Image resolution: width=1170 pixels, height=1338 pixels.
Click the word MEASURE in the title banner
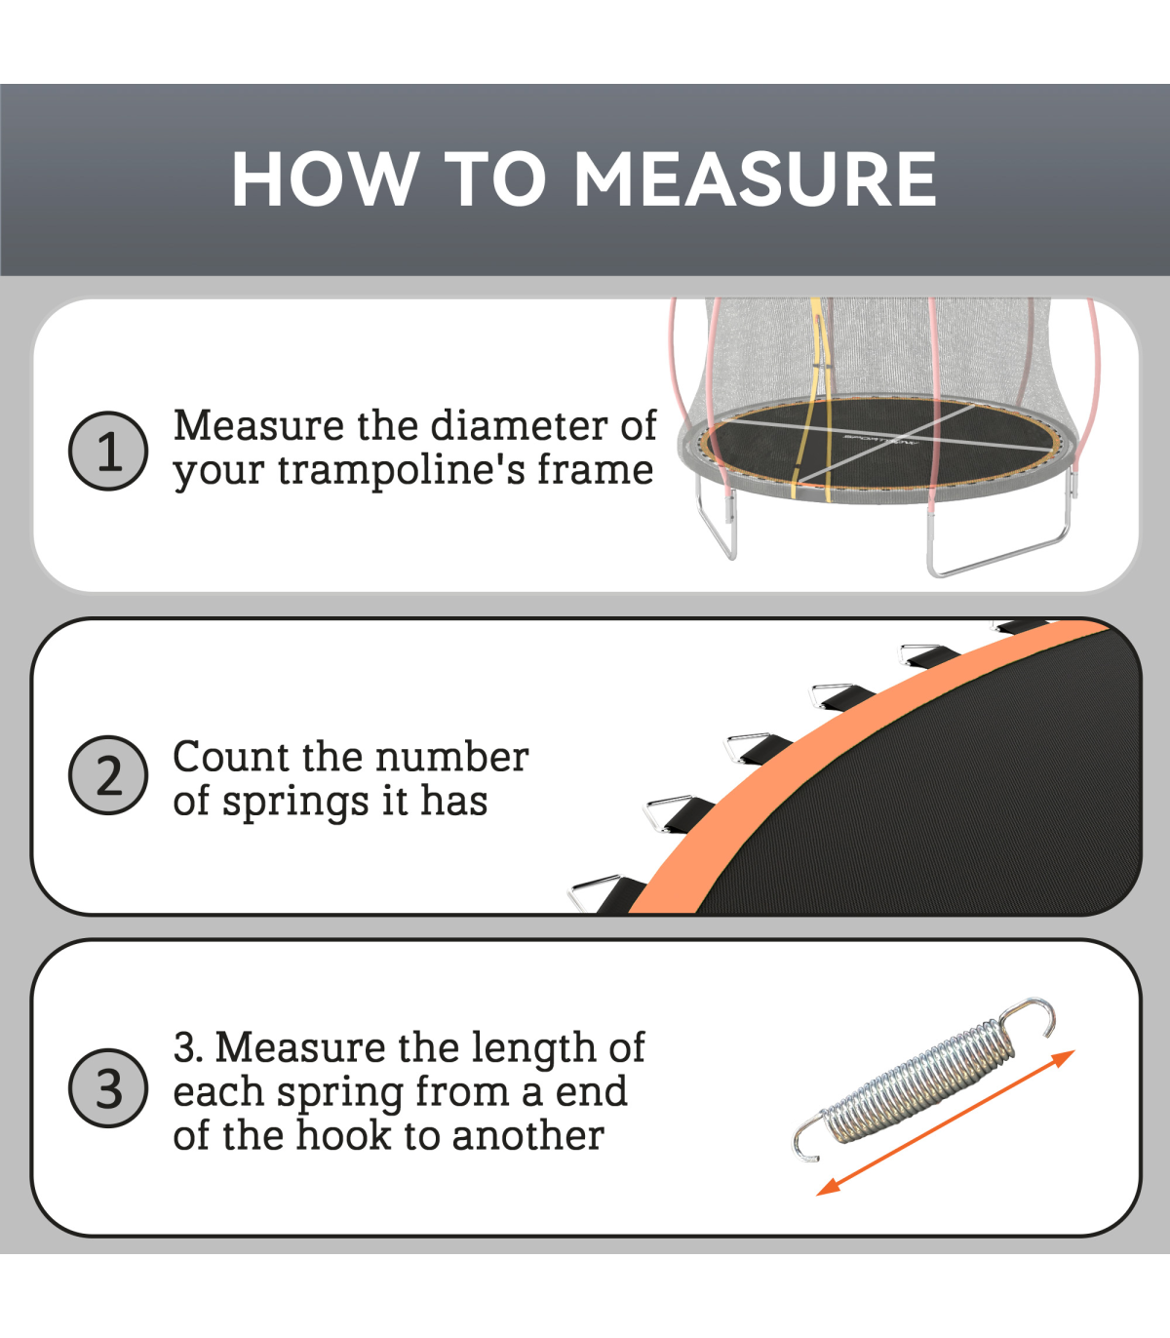(x=756, y=178)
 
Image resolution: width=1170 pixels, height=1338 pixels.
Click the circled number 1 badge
(x=108, y=451)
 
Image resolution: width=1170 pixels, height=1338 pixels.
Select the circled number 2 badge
(x=108, y=775)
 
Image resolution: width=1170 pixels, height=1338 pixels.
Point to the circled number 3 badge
(x=108, y=1088)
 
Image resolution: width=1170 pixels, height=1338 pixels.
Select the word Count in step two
(x=231, y=758)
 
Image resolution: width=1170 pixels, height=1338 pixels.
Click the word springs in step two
(x=295, y=803)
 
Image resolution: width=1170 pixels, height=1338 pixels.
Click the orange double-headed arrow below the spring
(x=946, y=1122)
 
